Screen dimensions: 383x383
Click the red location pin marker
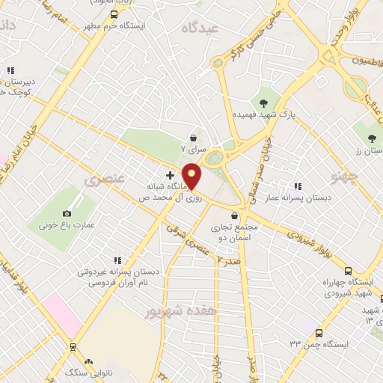point(192,176)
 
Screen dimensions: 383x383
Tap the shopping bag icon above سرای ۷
point(194,138)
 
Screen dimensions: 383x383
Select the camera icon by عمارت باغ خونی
point(67,214)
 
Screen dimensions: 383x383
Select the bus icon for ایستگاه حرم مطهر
point(114,14)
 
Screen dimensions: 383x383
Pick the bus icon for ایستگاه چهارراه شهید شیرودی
point(348,271)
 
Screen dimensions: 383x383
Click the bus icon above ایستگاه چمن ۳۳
point(319,332)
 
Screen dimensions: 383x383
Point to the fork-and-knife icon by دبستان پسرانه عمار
point(298,186)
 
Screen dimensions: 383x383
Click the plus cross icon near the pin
point(170,174)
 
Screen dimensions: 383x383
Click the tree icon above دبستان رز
point(372,138)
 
